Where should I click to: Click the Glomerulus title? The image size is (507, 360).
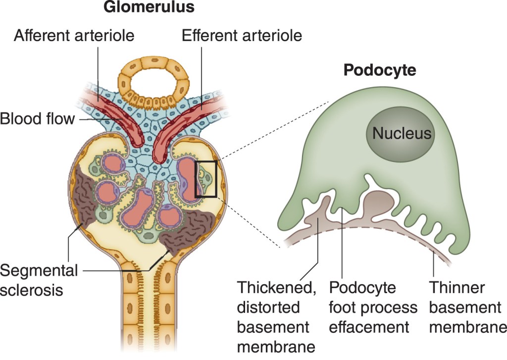149,8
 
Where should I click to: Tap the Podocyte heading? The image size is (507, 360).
380,70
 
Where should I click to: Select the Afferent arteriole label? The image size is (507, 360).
74,36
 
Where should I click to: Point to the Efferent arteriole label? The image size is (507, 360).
242,36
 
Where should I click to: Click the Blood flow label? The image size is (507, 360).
37,119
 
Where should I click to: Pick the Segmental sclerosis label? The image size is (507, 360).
39,280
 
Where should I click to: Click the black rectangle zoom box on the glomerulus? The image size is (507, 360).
206,179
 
